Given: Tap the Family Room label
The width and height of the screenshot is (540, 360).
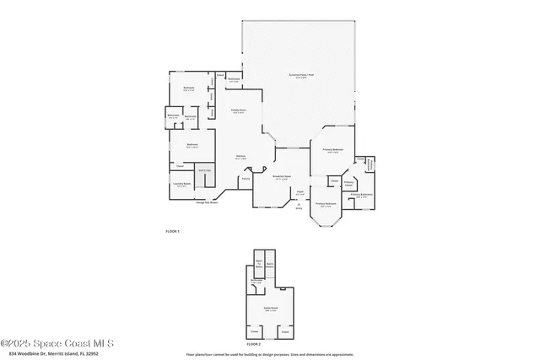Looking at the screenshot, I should [x=239, y=111].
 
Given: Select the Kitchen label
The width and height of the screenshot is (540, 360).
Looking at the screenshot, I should [x=240, y=157].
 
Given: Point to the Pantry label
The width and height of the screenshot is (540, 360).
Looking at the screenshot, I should [x=246, y=178].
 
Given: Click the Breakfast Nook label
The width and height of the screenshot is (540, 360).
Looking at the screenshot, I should [x=281, y=177].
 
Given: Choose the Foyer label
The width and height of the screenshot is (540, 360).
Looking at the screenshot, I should [x=300, y=191].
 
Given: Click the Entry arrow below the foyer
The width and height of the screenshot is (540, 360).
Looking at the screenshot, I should [x=299, y=205].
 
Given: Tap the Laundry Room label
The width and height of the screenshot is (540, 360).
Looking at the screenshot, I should [x=181, y=185].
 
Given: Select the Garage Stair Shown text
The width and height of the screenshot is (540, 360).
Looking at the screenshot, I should [x=207, y=202].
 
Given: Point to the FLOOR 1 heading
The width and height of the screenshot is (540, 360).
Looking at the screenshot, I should [x=172, y=231].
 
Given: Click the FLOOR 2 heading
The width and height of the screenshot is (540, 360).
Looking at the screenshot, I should [x=254, y=345].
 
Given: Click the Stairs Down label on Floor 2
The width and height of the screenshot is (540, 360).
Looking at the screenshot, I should [x=271, y=264].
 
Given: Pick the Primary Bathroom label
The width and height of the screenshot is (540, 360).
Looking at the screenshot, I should [x=362, y=196].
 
